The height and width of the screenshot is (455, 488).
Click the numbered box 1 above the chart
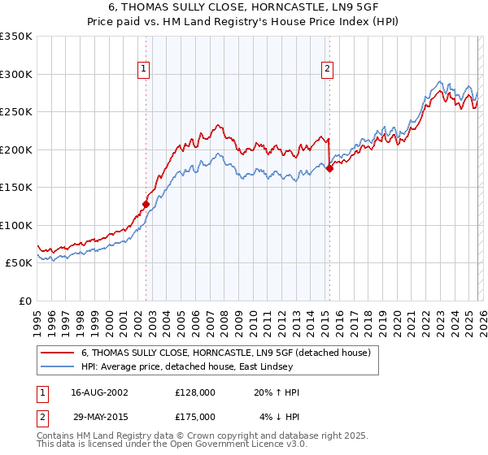point(142,70)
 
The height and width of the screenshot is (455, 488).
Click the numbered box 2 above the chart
point(327,70)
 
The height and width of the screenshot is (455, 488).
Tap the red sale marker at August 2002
point(146,204)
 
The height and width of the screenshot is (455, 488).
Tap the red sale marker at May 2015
point(329,168)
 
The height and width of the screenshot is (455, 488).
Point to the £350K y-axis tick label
point(16,37)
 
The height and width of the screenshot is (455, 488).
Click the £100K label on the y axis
point(16,225)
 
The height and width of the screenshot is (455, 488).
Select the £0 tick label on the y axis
point(26,301)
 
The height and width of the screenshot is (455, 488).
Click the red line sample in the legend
point(57,353)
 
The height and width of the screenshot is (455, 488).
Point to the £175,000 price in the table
point(194,415)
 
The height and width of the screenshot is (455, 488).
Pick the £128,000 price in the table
point(194,392)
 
